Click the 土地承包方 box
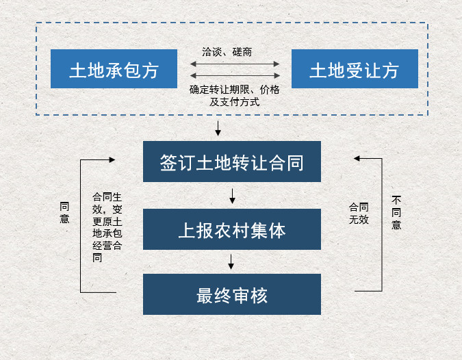pos(114,69)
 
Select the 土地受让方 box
pos(355,69)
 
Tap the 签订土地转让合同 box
pos(231,162)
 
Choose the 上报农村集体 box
pos(231,229)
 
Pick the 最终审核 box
pos(231,294)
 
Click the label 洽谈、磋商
pos(231,51)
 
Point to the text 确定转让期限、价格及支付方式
pos(234,96)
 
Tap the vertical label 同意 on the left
pos(64,212)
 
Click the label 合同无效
pos(359,213)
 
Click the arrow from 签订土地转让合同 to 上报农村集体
pos(232,195)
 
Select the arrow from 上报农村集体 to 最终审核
pos(232,261)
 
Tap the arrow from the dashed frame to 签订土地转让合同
pos(218,128)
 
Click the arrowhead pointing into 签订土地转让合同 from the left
pos(112,159)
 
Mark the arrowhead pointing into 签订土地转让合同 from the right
pos(357,158)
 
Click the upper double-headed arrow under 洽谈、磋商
pos(235,64)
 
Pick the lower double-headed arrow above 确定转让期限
pos(235,75)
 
